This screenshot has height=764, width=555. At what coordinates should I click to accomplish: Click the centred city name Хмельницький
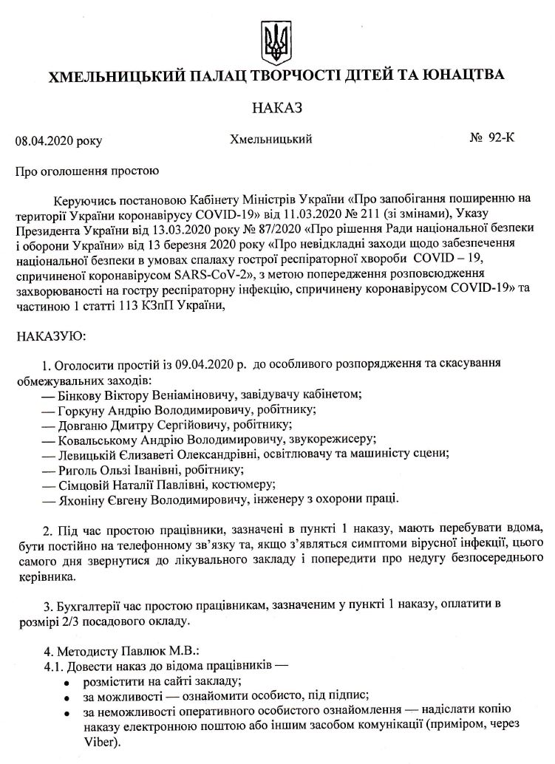click(x=271, y=139)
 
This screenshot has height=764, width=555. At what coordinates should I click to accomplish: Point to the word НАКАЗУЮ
click(x=51, y=336)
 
